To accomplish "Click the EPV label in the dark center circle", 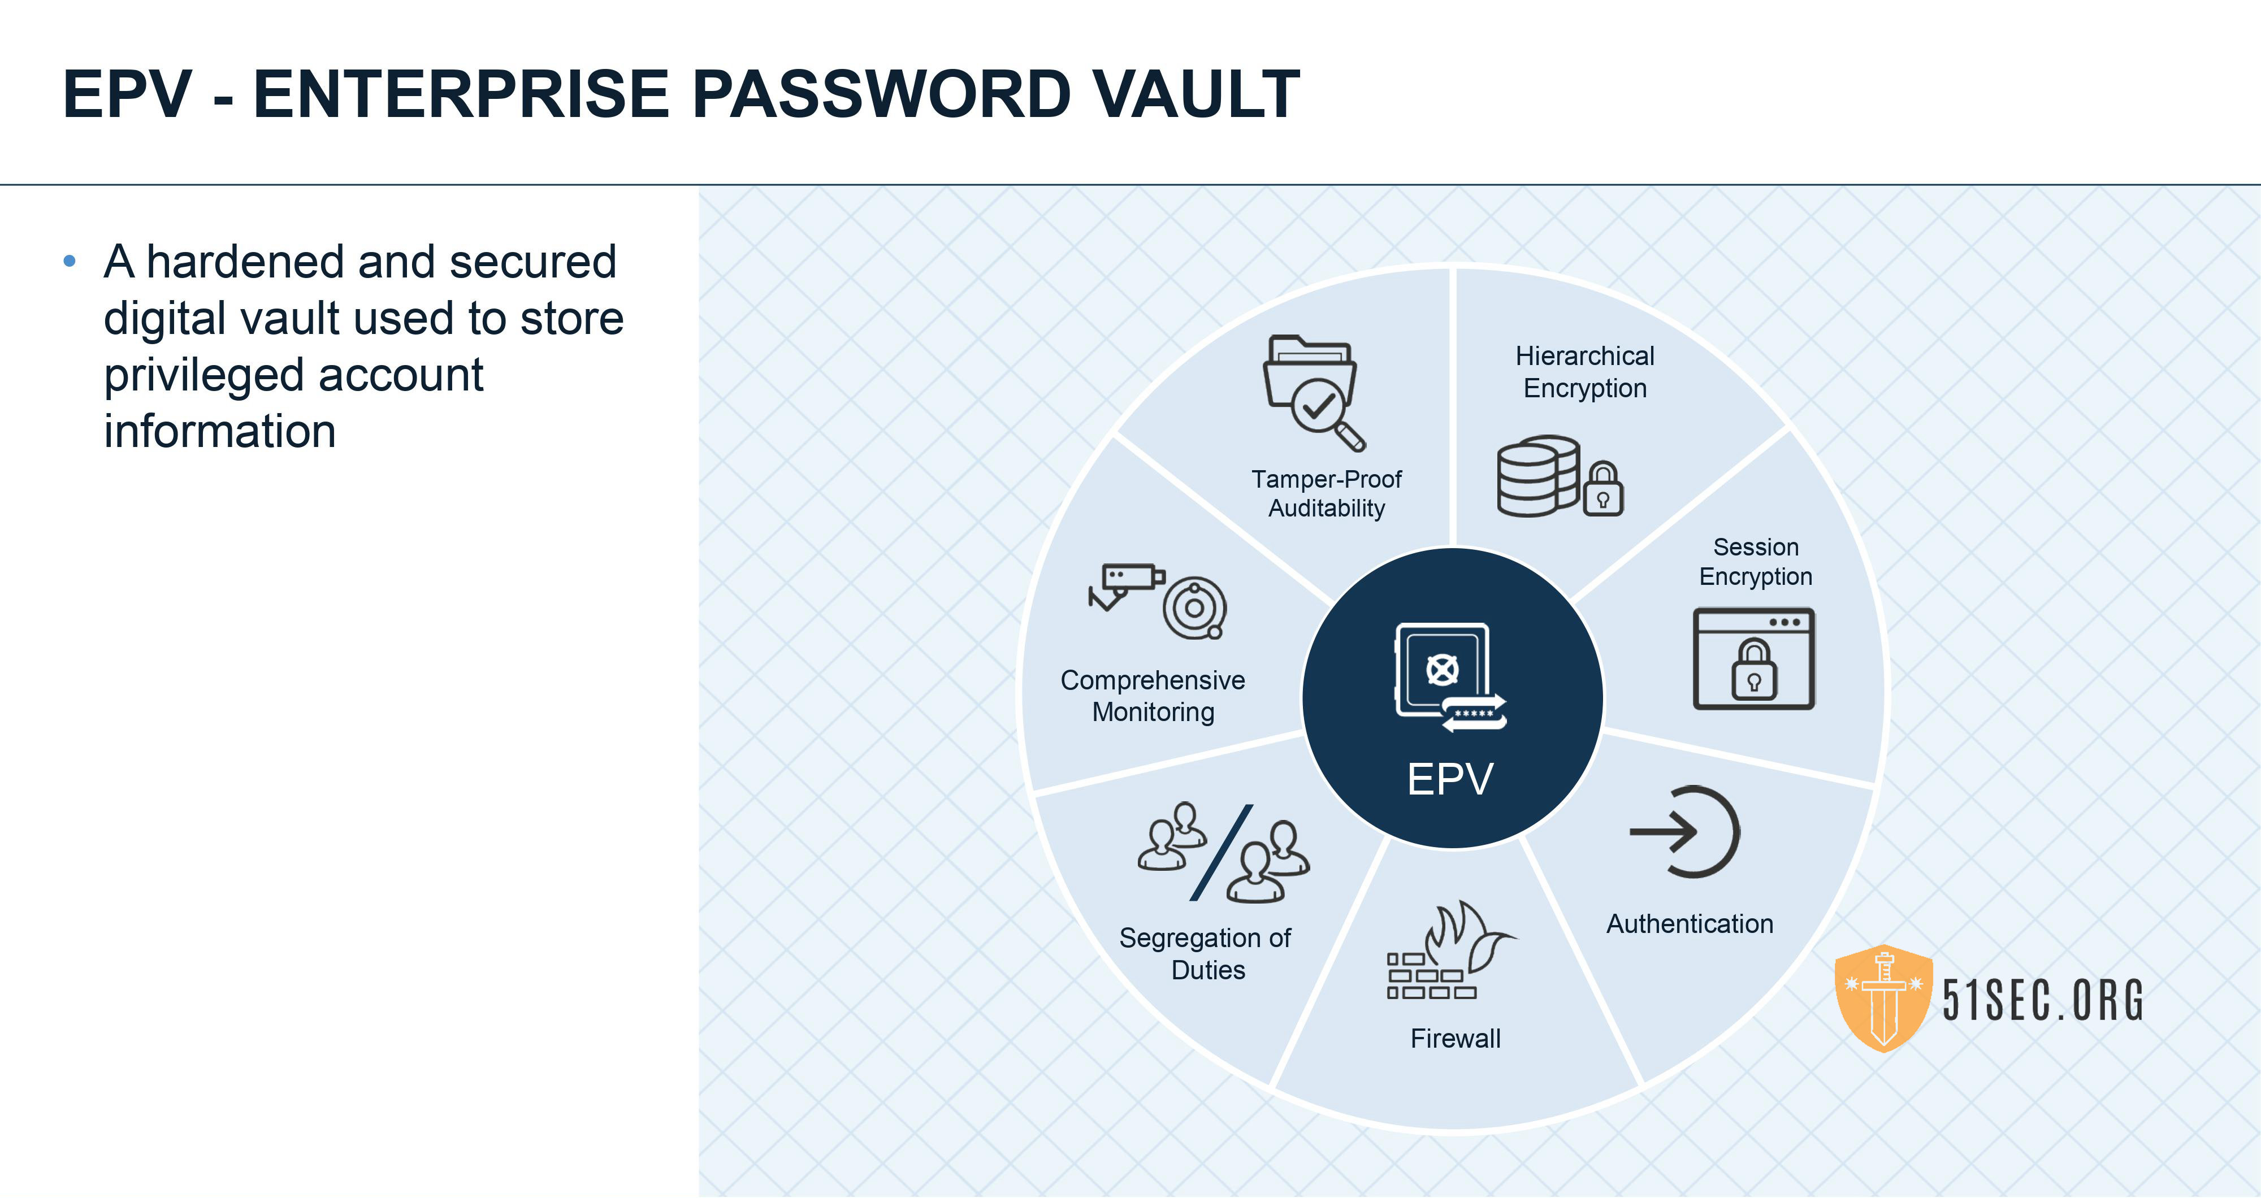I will [x=1450, y=779].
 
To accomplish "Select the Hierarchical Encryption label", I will [x=1584, y=372].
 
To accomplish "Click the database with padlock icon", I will [x=1558, y=476].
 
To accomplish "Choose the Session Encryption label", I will [x=1756, y=562].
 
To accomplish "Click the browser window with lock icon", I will [x=1753, y=658].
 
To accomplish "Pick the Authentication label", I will [x=1690, y=923].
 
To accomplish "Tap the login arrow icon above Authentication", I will [x=1685, y=832].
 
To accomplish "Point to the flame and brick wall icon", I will [x=1448, y=952].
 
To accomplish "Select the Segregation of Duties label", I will [x=1206, y=954].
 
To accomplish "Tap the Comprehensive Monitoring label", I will [x=1153, y=696].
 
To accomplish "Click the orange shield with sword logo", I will [x=1883, y=998].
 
